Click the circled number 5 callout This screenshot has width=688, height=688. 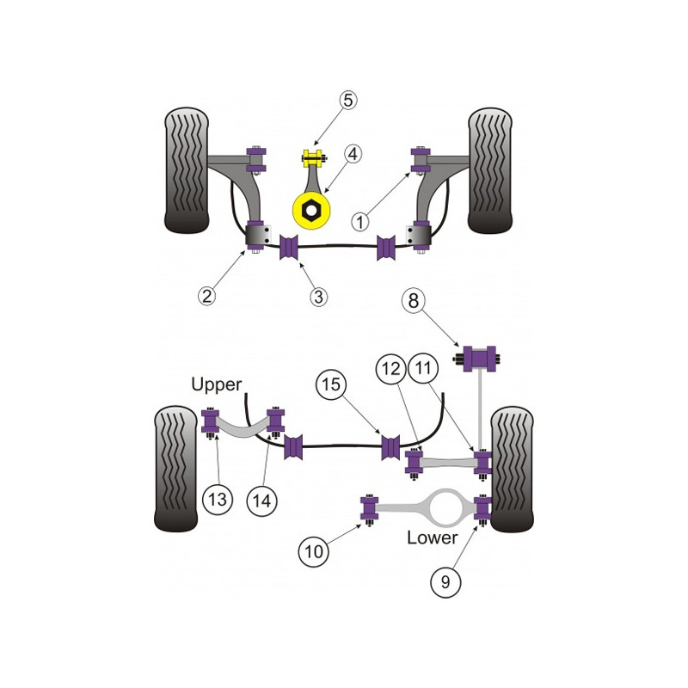[x=347, y=101]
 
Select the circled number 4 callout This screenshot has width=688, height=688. [x=353, y=154]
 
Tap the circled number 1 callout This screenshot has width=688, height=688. [x=360, y=222]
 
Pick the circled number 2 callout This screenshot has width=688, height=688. [x=206, y=296]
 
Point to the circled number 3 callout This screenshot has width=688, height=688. [x=318, y=297]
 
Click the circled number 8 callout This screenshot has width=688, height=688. [x=414, y=301]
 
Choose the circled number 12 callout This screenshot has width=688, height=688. [x=391, y=369]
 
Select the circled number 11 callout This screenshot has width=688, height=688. [x=423, y=368]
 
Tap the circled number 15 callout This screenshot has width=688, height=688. [x=331, y=384]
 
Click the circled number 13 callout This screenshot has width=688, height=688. [x=218, y=500]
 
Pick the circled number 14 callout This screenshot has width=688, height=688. [x=262, y=501]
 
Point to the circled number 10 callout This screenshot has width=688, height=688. [x=314, y=551]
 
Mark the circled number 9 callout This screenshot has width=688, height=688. [x=445, y=582]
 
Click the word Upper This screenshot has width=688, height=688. [x=217, y=384]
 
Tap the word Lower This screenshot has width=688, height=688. [x=433, y=538]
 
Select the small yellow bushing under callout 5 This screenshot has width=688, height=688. [x=313, y=159]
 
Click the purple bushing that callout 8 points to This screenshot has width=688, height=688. [x=479, y=359]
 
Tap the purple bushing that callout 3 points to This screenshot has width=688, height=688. [x=289, y=247]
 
